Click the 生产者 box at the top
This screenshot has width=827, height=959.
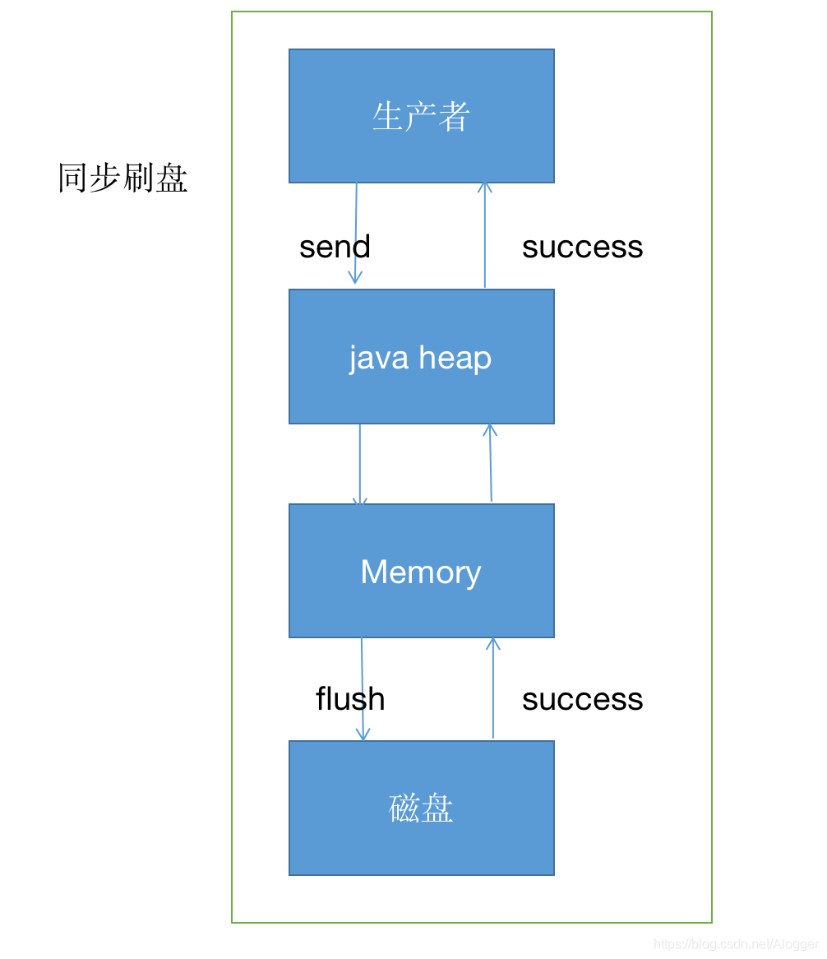point(421,116)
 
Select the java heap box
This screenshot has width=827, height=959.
point(421,356)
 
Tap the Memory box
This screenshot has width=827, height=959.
point(421,571)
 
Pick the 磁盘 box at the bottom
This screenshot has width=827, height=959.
point(421,808)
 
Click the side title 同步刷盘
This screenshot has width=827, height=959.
point(122,178)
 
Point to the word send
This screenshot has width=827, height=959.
point(335,247)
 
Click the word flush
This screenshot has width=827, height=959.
point(350,699)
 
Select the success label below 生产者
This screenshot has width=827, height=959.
point(582,247)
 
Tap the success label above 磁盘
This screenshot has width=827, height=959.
point(582,699)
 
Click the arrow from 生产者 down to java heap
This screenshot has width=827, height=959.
point(356,234)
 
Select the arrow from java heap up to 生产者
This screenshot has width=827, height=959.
point(485,234)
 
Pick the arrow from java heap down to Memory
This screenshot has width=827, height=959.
point(360,464)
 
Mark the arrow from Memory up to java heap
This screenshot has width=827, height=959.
point(491,464)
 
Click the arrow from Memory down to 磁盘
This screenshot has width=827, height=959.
point(363,689)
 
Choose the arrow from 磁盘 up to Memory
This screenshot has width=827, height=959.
point(493,689)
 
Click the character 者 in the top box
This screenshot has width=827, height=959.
point(454,117)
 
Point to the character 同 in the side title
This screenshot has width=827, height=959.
point(73,178)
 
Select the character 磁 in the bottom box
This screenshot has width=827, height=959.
point(404,808)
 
